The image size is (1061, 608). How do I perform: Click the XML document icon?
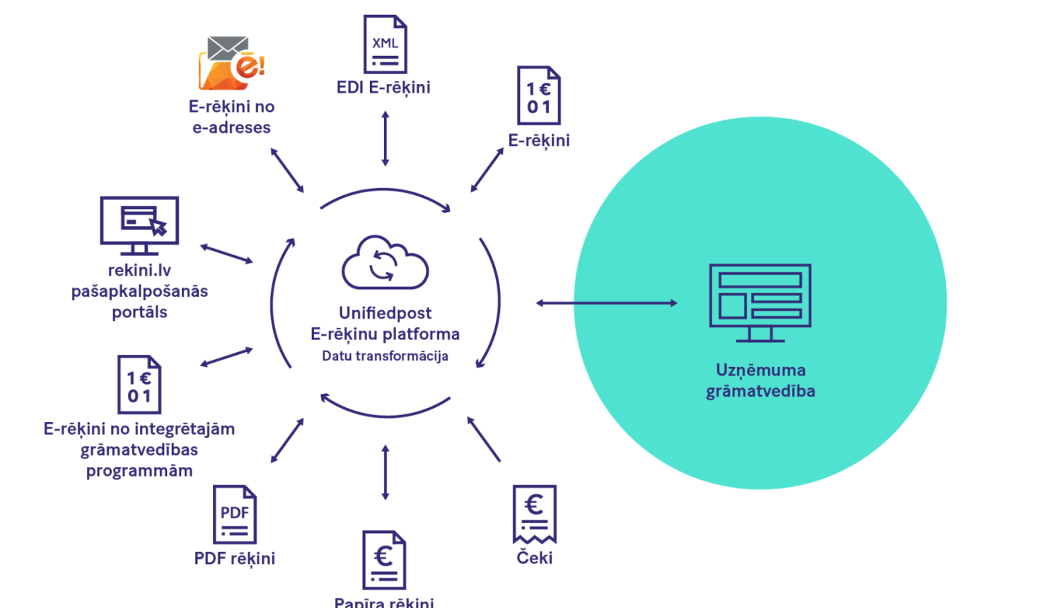coord(385,45)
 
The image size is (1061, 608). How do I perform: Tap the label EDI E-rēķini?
coord(383,88)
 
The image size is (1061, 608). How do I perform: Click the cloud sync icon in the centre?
coord(385,262)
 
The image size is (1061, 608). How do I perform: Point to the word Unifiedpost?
coord(385,312)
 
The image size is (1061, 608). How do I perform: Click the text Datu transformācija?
coord(385,356)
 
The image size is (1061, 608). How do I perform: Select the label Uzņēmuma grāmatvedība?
coord(760,380)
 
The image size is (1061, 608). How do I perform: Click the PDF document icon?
coord(234,515)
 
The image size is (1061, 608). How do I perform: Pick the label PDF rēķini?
coord(234,559)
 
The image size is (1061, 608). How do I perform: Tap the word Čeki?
coord(534,559)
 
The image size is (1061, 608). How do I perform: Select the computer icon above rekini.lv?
coord(139,224)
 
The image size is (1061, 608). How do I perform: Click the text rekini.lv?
coord(139,270)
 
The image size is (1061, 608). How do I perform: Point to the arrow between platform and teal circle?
coord(605,303)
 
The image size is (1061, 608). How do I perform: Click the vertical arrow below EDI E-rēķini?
coord(385,139)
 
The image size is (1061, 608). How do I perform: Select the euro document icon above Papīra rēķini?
coord(384,560)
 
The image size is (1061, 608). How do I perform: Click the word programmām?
coord(139,471)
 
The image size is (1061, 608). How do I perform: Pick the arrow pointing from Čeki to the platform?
coord(484,439)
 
